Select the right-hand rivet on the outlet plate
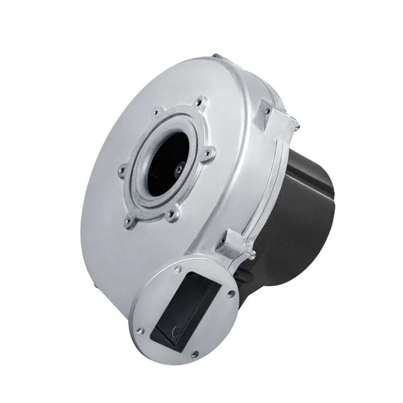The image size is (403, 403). coord(231,294)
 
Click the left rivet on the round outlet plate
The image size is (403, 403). coord(140,332)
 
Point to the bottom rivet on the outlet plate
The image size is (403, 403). coord(195,354)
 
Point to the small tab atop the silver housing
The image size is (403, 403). coord(216,56)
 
